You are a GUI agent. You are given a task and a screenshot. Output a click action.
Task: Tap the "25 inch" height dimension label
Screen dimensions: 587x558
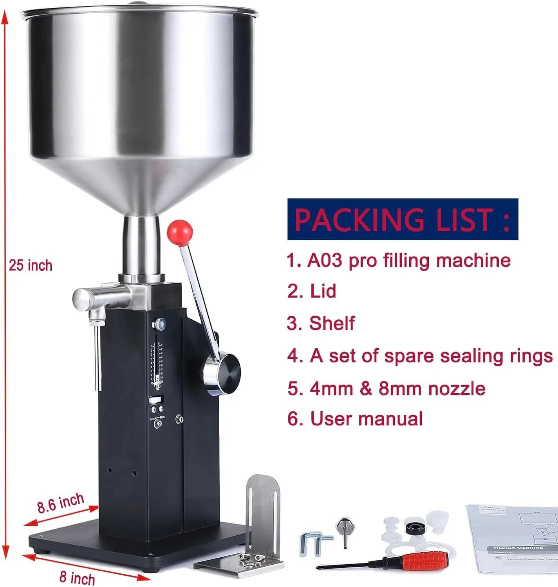(x=31, y=265)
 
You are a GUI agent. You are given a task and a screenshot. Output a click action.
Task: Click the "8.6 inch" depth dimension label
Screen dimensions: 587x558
(x=61, y=502)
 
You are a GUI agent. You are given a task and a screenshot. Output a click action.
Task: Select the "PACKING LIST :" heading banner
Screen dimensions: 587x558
(x=403, y=219)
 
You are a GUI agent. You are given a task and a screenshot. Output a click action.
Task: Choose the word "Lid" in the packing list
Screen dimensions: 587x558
(x=323, y=292)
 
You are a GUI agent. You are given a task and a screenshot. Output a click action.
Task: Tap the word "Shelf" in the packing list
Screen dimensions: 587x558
(x=332, y=324)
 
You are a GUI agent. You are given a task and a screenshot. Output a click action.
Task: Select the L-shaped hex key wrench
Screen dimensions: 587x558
(x=311, y=543)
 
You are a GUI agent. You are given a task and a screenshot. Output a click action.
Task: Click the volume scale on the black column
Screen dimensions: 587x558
(x=158, y=362)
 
